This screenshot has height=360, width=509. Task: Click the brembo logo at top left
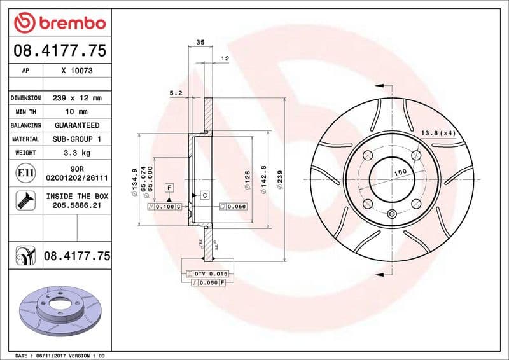coord(59,23)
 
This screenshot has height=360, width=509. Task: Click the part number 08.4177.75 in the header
coord(59,50)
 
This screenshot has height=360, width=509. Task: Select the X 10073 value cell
coord(76,71)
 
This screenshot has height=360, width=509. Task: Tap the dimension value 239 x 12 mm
coord(76,99)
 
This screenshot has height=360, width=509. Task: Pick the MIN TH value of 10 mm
coord(76,112)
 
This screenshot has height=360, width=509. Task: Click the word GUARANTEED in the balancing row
coord(76,125)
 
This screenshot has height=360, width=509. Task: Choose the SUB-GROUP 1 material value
coord(76,139)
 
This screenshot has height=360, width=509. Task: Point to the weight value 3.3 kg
coord(76,153)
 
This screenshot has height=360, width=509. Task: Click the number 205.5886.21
coord(76,207)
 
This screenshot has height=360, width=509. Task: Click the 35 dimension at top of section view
coord(200,42)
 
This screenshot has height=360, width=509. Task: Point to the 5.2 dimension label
coord(176,93)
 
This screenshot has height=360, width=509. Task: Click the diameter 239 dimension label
coord(281,180)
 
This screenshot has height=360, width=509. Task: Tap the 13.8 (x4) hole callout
coord(439,132)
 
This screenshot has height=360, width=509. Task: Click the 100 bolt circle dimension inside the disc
coord(400,173)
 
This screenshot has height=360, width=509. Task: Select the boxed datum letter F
coord(169,187)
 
